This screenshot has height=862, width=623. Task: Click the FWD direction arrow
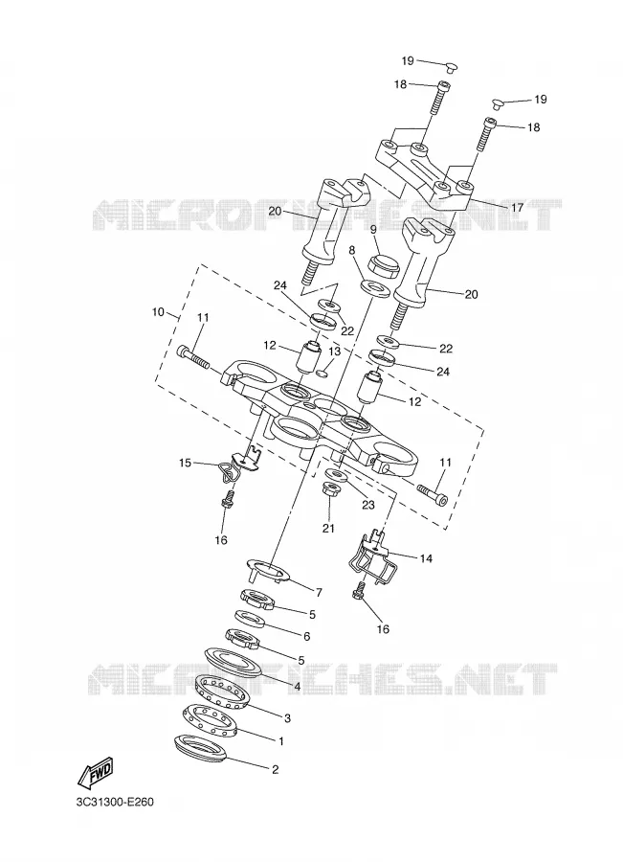[96, 771]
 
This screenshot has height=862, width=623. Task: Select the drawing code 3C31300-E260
[116, 802]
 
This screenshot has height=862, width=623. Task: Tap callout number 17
[517, 208]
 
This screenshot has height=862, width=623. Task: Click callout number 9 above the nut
[373, 230]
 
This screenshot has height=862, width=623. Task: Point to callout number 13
[335, 352]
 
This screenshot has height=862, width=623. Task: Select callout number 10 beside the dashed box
[158, 312]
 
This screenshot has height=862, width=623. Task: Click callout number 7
[319, 593]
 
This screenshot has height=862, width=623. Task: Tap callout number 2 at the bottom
[276, 769]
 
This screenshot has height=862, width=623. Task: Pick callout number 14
[426, 558]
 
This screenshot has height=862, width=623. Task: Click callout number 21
[328, 529]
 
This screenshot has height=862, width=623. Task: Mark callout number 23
[367, 505]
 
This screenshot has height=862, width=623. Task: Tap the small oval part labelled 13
[323, 374]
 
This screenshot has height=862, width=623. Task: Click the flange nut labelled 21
[331, 488]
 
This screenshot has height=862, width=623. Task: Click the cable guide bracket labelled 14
[371, 555]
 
